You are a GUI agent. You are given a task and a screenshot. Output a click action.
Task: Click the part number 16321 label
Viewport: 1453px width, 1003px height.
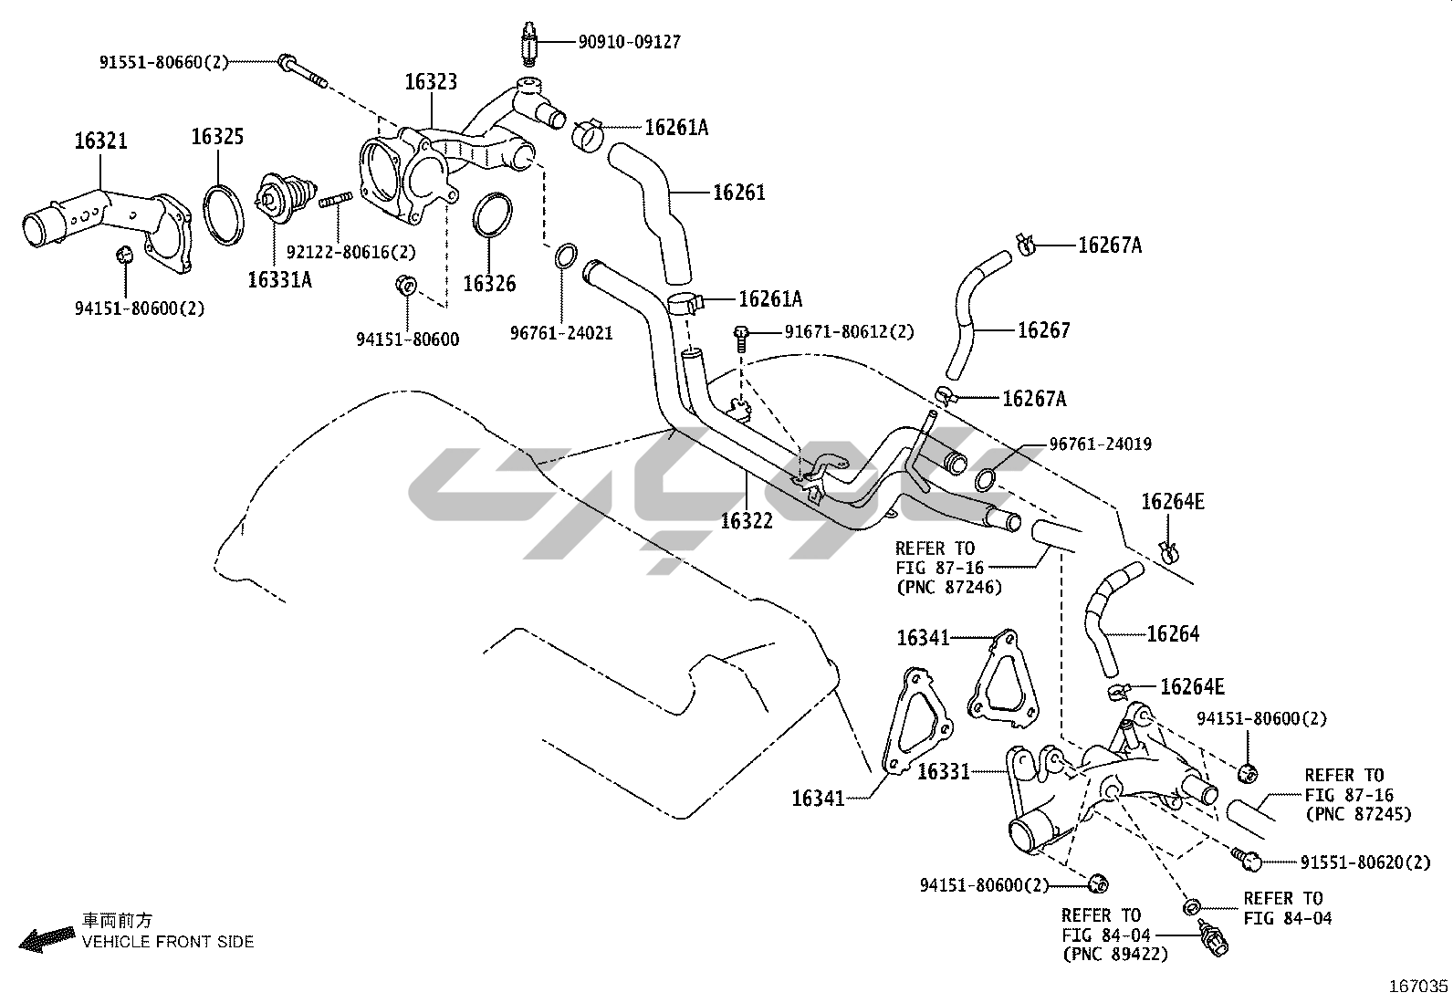(100, 141)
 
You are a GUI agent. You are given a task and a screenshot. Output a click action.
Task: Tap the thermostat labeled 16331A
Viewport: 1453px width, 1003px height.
(281, 202)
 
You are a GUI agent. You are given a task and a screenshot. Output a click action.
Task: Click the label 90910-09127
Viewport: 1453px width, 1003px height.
(629, 42)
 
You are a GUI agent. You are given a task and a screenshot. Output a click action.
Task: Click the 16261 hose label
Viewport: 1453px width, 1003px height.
(738, 193)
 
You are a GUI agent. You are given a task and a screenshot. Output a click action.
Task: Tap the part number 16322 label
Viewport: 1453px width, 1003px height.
(746, 521)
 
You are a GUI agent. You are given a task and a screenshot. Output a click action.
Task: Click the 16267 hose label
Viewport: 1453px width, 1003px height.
(1043, 330)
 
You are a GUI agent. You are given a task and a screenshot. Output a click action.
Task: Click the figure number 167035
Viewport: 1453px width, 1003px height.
(1417, 987)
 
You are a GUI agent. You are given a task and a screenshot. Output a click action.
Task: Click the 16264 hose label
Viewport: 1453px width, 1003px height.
(1172, 633)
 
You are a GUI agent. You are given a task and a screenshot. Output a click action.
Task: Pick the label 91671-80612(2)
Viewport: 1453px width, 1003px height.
(849, 332)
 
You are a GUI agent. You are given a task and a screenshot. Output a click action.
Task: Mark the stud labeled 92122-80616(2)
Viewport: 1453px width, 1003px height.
(337, 199)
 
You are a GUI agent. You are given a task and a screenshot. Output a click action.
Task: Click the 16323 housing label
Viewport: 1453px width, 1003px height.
(431, 82)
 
